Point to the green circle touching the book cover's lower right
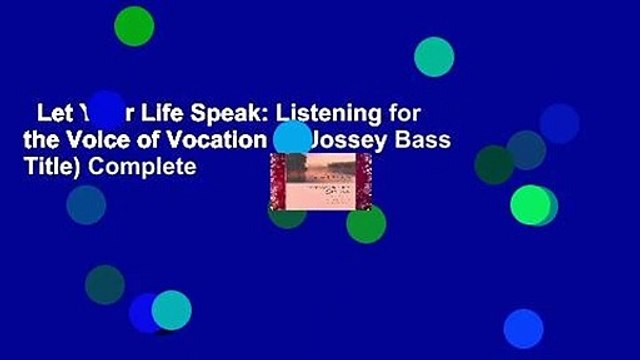(x=366, y=222)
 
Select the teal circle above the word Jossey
(x=434, y=56)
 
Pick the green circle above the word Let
(x=133, y=25)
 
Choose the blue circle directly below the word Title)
(x=86, y=205)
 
